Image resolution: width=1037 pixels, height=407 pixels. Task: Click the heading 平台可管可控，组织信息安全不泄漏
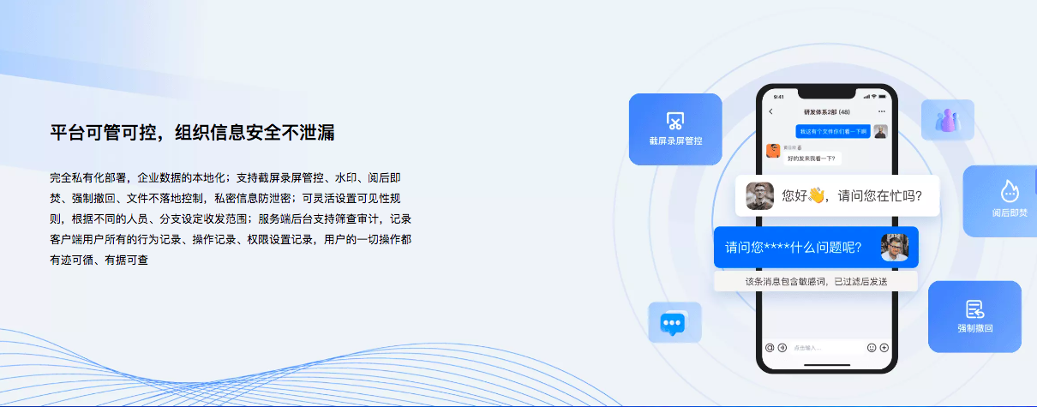coord(192,133)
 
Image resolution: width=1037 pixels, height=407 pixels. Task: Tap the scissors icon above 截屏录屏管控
coord(675,120)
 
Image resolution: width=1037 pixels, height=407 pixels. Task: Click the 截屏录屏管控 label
coord(675,141)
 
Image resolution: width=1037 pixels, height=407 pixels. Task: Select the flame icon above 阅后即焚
coord(1009,191)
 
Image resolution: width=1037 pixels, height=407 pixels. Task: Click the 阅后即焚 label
coord(1009,212)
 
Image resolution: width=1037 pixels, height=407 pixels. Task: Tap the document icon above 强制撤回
coord(974,308)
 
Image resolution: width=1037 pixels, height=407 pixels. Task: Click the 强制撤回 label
coord(974,328)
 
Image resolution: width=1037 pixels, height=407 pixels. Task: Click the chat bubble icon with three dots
coord(674,322)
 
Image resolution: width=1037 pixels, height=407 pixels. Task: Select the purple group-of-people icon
coord(947,120)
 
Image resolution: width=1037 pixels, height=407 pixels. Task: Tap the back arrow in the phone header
coord(770,112)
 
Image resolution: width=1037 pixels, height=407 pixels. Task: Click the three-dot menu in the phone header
coord(882,112)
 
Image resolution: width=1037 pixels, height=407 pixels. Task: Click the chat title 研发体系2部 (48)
coord(826,112)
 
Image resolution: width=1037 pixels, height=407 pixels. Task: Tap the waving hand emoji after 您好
coord(816,195)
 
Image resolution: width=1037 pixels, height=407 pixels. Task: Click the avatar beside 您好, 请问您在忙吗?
coord(759,196)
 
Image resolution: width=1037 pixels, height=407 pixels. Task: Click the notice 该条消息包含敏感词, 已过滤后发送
coord(815,281)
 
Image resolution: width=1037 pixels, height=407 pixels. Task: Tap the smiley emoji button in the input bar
coord(872,348)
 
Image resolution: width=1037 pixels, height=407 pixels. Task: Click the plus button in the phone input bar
coord(884,348)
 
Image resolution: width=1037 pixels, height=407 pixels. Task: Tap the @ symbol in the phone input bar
coord(770,348)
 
